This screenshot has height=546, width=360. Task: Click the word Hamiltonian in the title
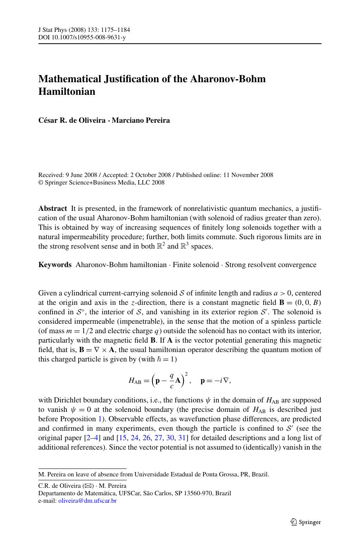click(x=67, y=92)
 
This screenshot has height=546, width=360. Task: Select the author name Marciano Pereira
click(x=141, y=120)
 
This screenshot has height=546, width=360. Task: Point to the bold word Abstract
click(x=53, y=208)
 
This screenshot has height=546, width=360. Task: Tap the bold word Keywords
click(x=55, y=265)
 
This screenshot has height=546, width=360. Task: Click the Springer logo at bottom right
click(x=306, y=522)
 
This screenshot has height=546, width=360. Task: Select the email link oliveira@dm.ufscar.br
click(x=87, y=501)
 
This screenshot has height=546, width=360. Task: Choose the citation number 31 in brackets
click(x=182, y=438)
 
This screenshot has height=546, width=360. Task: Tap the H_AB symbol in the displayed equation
click(x=134, y=380)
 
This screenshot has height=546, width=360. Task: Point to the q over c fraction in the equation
click(x=171, y=380)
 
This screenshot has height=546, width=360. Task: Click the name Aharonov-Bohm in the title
click(x=228, y=79)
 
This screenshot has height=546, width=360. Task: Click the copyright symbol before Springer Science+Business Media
click(x=40, y=183)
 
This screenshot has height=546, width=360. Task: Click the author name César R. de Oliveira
click(x=71, y=120)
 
